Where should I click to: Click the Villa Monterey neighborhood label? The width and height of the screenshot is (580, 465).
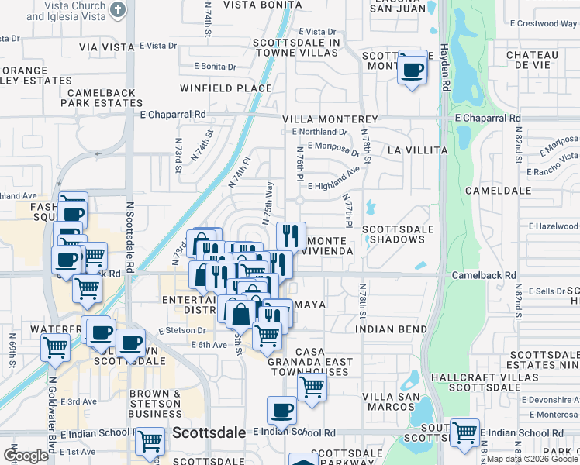point(330,120)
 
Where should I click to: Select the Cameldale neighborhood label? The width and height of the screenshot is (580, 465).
point(498,190)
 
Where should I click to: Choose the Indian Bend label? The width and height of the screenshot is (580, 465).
point(392,329)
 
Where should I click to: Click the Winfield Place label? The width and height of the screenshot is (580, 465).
point(226,88)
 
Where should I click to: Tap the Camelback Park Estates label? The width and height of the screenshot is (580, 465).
point(98,98)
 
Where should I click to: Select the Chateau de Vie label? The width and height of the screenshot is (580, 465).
point(532,60)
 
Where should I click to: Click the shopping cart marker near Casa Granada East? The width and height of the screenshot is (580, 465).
point(312,386)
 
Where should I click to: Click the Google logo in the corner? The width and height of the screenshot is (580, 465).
point(26,455)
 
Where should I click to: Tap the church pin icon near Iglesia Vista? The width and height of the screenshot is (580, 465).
point(117,10)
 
